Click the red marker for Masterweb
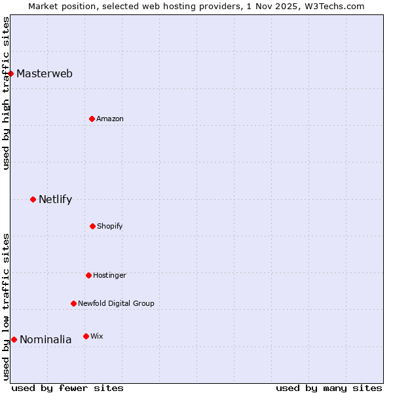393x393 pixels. (x=11, y=73)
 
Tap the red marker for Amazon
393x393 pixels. (x=92, y=119)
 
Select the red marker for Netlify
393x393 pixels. (x=33, y=199)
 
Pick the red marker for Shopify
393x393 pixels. (x=92, y=226)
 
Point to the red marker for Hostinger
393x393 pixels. (x=88, y=275)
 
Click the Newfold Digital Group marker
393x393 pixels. (x=73, y=303)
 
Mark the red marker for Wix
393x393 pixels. (x=86, y=336)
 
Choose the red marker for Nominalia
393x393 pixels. (x=14, y=339)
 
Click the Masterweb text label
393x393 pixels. (x=45, y=73)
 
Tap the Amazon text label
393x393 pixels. (x=110, y=119)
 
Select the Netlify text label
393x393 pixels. (x=55, y=199)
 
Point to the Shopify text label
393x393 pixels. (x=110, y=226)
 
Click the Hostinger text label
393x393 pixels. (x=109, y=275)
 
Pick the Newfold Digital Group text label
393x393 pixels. (x=116, y=303)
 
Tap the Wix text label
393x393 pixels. (x=96, y=336)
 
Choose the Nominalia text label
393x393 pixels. (x=46, y=339)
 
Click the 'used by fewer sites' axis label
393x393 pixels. (x=67, y=388)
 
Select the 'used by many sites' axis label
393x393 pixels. (x=329, y=388)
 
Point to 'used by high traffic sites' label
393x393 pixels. (x=6, y=93)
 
